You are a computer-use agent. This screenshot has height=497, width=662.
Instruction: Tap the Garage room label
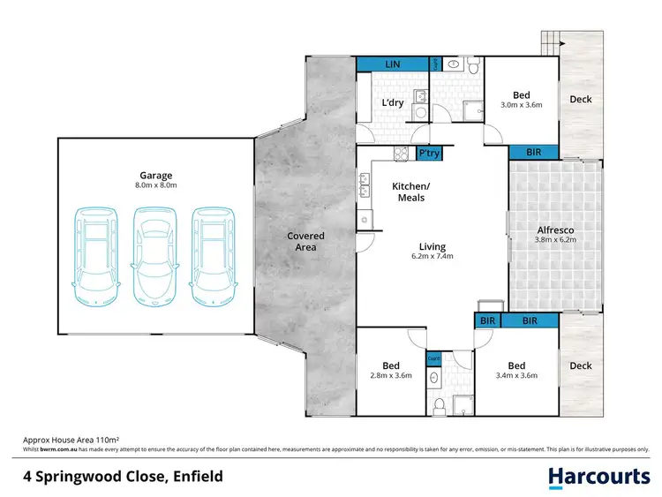pyautogui.click(x=155, y=175)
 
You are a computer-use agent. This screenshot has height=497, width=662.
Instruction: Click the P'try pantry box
pyautogui.click(x=429, y=154)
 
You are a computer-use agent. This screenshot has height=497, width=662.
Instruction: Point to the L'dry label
pyautogui.click(x=393, y=102)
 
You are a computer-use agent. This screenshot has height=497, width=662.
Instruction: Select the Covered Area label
pyautogui.click(x=305, y=241)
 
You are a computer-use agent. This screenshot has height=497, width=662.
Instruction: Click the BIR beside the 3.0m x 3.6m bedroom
pyautogui.click(x=534, y=153)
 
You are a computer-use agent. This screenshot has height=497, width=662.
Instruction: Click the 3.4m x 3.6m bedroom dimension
pyautogui.click(x=516, y=375)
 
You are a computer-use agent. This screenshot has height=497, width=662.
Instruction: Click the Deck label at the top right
pyautogui.click(x=581, y=100)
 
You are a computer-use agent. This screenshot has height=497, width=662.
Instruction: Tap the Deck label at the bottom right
pyautogui.click(x=581, y=365)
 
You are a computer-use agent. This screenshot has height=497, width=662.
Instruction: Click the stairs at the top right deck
pyautogui.click(x=551, y=41)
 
